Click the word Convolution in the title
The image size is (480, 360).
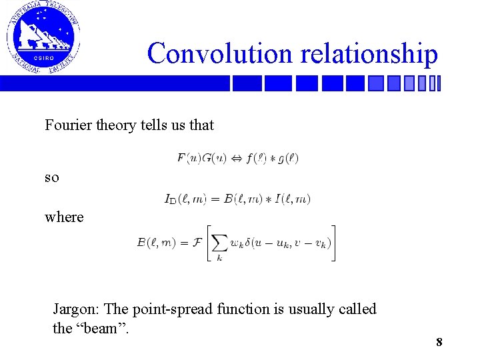tap(221, 53)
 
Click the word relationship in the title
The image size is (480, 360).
tap(369, 53)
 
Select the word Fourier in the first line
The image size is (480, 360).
tap(67, 125)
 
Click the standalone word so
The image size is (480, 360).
tap(51, 178)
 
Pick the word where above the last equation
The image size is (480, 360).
tap(64, 217)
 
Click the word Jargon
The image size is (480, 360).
tap(77, 309)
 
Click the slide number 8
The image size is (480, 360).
tap(439, 342)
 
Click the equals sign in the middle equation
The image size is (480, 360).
tap(214, 199)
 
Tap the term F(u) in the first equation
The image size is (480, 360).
tap(189, 159)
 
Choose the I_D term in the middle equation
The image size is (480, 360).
tap(171, 199)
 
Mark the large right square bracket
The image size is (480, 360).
tap(333, 243)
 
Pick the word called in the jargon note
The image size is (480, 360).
tap(357, 309)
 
